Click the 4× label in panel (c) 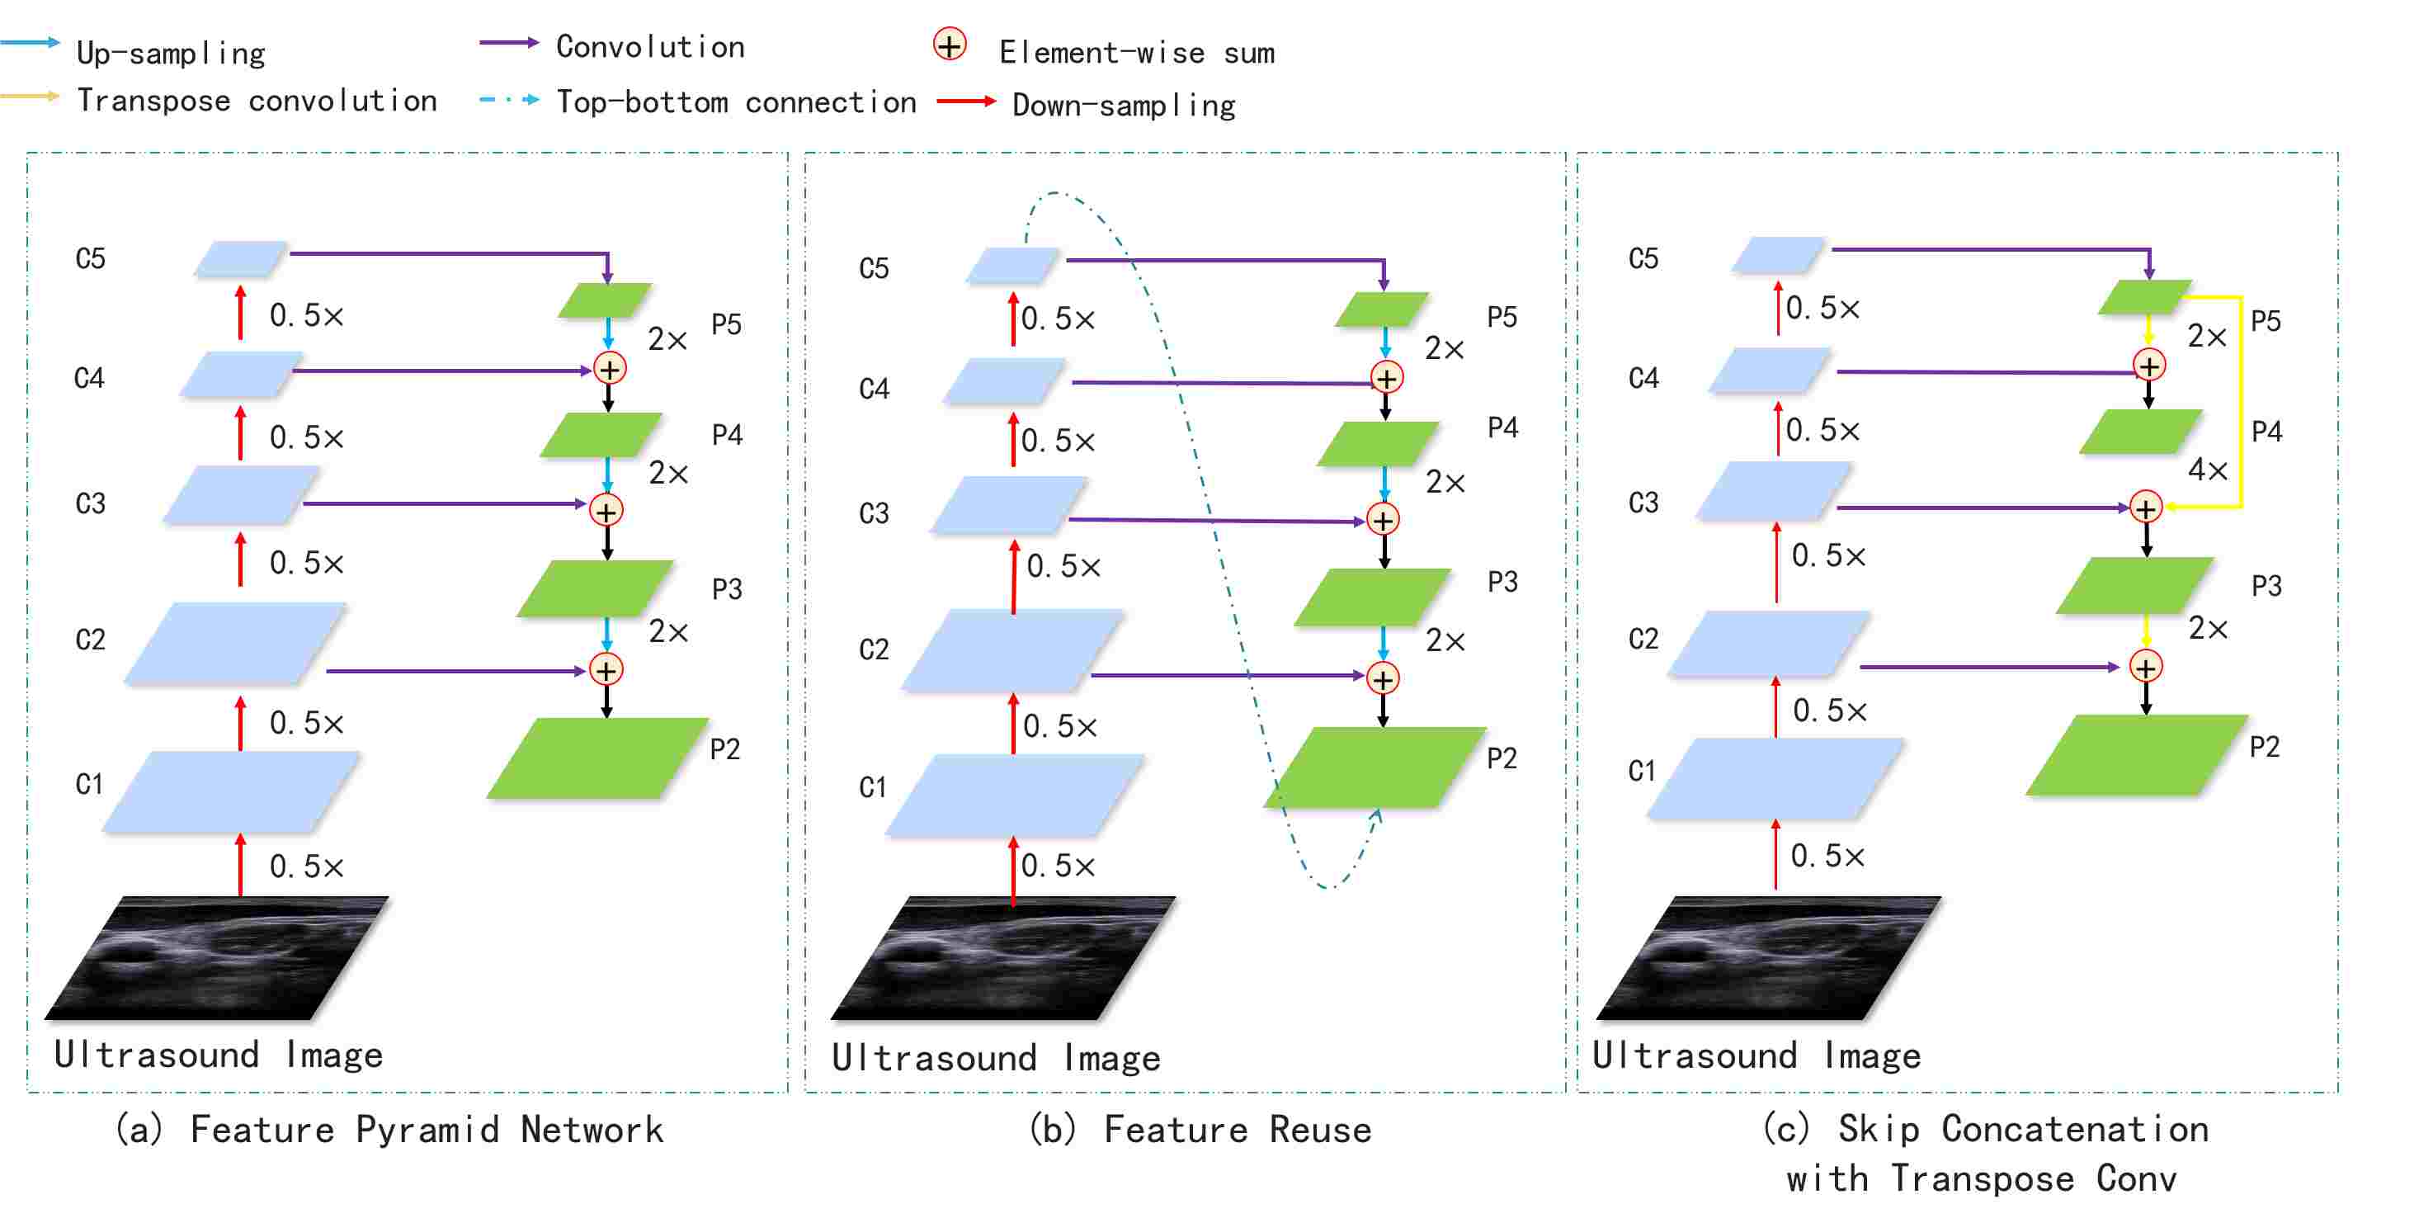coord(2206,470)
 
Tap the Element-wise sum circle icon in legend coord(950,45)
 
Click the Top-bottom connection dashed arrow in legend coord(509,100)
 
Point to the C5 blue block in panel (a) coord(240,258)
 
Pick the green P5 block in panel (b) coord(1381,309)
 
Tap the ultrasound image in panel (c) coord(1767,958)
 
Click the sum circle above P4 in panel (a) coord(610,369)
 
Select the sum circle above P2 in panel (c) coord(2145,667)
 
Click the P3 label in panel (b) coord(1502,583)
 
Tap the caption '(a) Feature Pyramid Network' coord(389,1129)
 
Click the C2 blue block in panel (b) coord(1012,650)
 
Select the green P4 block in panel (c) coord(2140,431)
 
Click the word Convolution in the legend coord(650,47)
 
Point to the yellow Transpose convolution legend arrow coord(30,96)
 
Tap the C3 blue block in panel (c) coord(1772,490)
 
